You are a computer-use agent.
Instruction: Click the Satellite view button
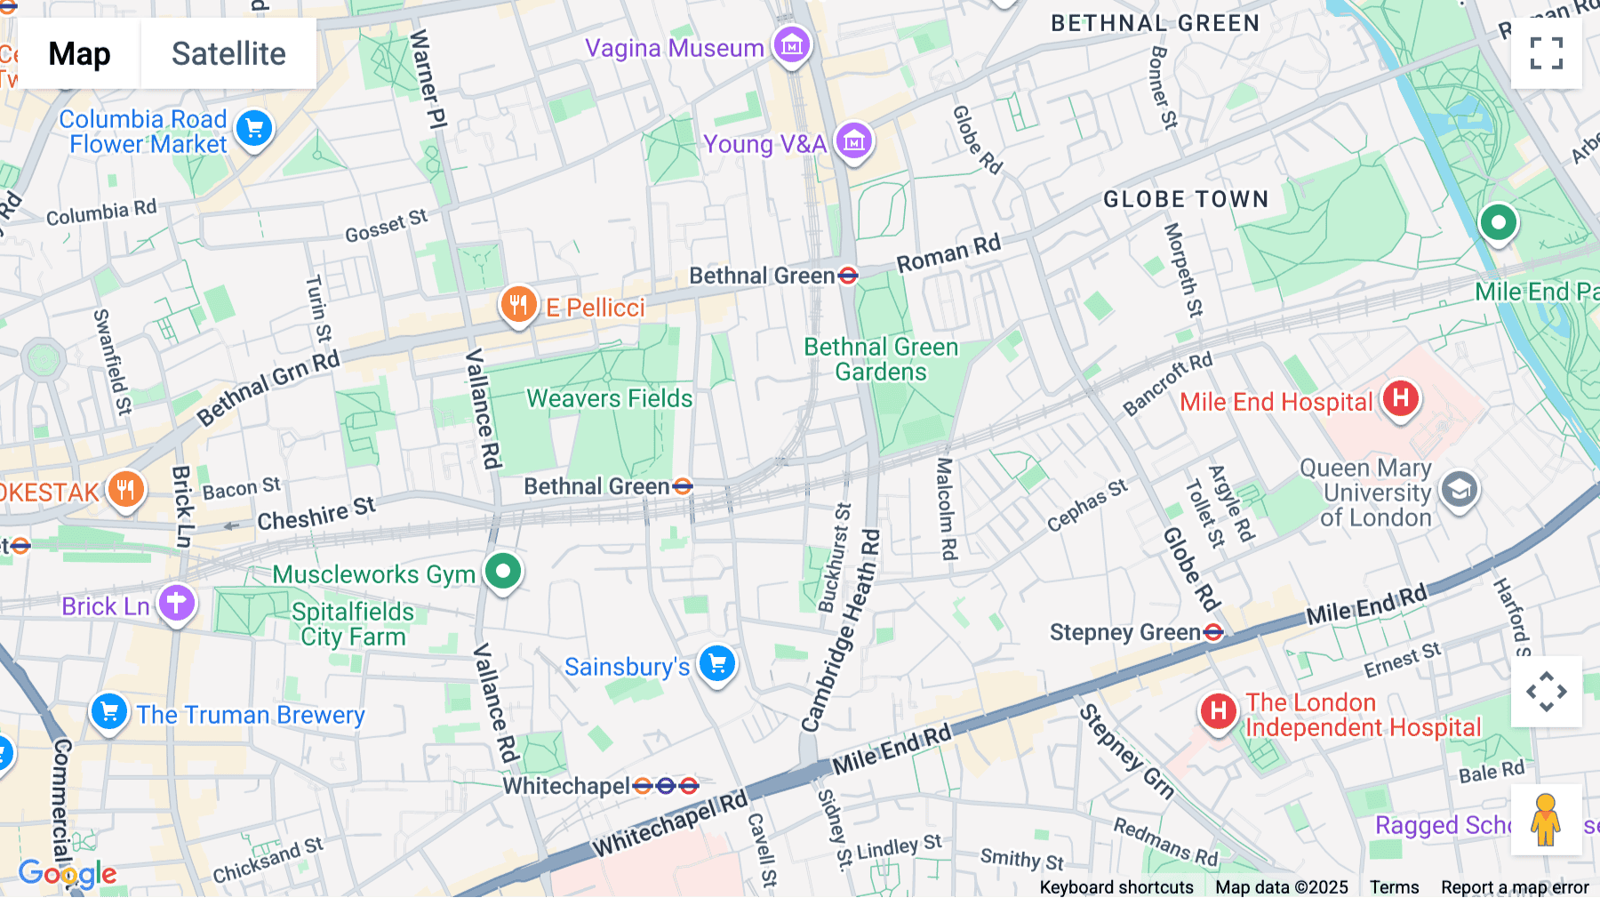coord(228,54)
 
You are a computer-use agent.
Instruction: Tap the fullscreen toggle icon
coord(1546,53)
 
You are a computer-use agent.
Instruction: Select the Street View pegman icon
coord(1546,820)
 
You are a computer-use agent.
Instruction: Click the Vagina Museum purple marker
coord(791,44)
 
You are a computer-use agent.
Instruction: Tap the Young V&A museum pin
coord(854,140)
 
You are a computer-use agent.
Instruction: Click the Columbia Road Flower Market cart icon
coord(254,129)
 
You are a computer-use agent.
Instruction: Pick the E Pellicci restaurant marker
coord(517,305)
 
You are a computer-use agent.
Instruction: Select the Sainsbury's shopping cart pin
coord(716,663)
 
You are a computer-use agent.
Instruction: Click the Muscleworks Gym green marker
coord(503,571)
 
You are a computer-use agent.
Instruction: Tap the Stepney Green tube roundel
coord(1213,633)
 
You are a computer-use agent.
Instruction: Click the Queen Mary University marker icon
coord(1459,490)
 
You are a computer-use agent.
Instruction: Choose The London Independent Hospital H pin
coord(1219,711)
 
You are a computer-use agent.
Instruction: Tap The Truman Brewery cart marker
coord(109,711)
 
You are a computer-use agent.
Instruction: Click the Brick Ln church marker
coord(176,604)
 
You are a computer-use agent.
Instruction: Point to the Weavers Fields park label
coord(609,398)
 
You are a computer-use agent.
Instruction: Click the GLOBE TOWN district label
coord(1186,199)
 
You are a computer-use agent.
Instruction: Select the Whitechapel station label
coord(566,786)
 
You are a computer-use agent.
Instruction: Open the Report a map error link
coord(1515,886)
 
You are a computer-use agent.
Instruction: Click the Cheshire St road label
coord(316,514)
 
